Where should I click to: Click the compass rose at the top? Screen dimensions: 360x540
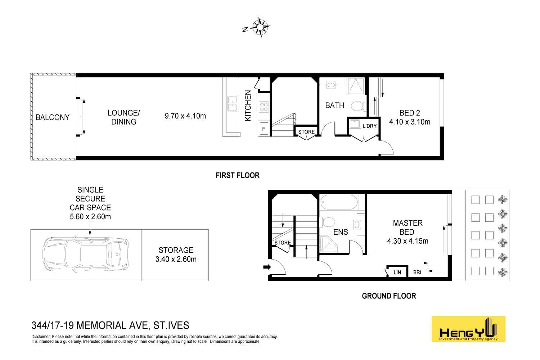(261, 27)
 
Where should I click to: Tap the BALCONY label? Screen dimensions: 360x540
(52, 117)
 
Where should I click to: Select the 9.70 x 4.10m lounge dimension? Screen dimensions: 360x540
(185, 116)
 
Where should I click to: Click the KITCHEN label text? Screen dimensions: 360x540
(248, 105)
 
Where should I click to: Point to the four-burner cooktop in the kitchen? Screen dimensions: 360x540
(264, 107)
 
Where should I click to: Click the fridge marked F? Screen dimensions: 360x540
(264, 129)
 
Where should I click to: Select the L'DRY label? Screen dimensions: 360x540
(369, 126)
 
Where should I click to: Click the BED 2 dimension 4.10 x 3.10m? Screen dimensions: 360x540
(409, 122)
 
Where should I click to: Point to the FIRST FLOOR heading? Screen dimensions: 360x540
(237, 175)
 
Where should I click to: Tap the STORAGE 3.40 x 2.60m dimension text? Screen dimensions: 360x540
(176, 259)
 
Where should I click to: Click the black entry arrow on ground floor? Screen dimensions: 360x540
(266, 267)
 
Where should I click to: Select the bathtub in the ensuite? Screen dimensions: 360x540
(339, 202)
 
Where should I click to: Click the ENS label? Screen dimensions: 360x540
(340, 232)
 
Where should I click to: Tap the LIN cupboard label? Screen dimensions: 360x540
(397, 272)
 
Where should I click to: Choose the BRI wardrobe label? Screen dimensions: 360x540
(417, 272)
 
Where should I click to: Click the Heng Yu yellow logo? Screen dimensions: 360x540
(468, 329)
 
